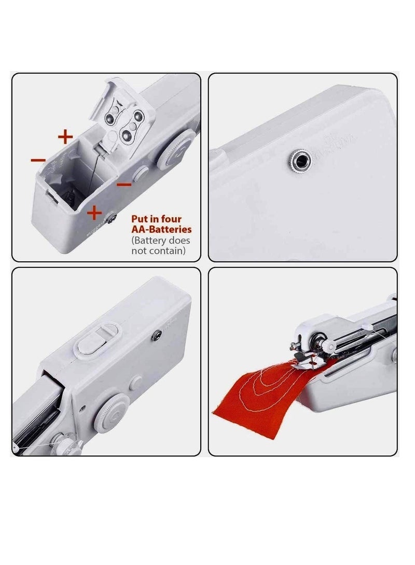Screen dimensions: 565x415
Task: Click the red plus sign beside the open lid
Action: (x=65, y=137)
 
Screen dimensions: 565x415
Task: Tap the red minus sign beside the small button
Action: (x=124, y=184)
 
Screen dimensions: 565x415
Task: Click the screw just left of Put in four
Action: (x=112, y=220)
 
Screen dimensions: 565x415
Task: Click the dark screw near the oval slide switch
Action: (x=154, y=337)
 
